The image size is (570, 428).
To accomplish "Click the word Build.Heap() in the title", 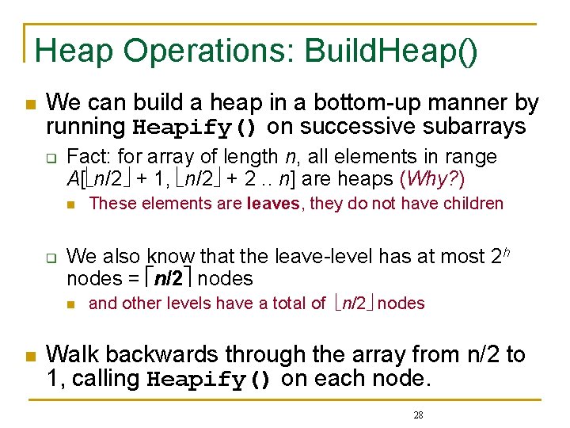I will coord(392,52).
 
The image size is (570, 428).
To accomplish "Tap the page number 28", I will coord(419,415).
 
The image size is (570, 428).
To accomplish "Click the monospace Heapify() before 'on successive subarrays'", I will coord(195,127).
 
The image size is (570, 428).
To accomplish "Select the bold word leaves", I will coord(273,204).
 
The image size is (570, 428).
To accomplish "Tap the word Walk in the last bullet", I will coord(67,355).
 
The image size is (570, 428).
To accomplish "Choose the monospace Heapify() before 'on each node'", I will coord(210,379).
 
